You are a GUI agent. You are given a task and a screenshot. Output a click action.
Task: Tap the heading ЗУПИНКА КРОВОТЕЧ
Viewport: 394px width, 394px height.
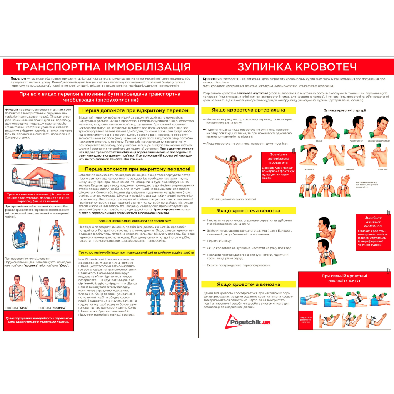pos(297,67)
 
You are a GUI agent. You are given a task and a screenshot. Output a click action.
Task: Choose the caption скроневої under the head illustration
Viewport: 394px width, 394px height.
pos(308,169)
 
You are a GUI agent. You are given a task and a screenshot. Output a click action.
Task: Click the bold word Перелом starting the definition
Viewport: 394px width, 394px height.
pos(18,78)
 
